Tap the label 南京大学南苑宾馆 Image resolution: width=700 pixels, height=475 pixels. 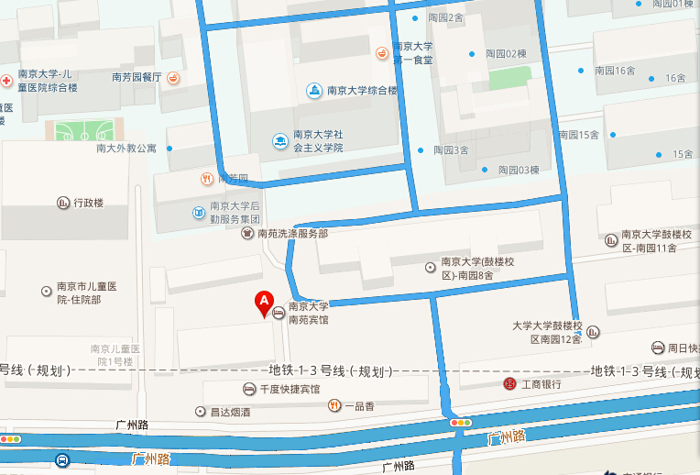click(x=309, y=314)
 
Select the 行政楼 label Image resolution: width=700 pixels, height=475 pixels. click(x=89, y=203)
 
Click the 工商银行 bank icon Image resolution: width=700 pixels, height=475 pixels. click(x=509, y=383)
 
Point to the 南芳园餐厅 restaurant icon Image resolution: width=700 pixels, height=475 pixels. click(x=173, y=78)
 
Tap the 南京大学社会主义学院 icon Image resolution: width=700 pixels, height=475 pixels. click(x=279, y=141)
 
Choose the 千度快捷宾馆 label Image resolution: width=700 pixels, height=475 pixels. click(x=290, y=389)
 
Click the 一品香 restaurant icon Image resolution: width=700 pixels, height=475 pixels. click(x=335, y=405)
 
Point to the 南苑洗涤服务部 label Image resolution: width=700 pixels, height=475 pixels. click(x=292, y=234)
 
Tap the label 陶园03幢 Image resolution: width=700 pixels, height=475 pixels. click(x=519, y=170)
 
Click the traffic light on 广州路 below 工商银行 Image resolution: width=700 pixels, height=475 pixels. click(x=461, y=423)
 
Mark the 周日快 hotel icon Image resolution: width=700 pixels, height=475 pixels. click(x=658, y=348)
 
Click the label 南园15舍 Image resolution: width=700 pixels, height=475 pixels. click(x=579, y=135)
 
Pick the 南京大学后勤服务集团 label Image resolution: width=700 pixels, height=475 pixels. click(x=235, y=213)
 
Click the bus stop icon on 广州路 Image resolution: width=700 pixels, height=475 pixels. click(x=61, y=459)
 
